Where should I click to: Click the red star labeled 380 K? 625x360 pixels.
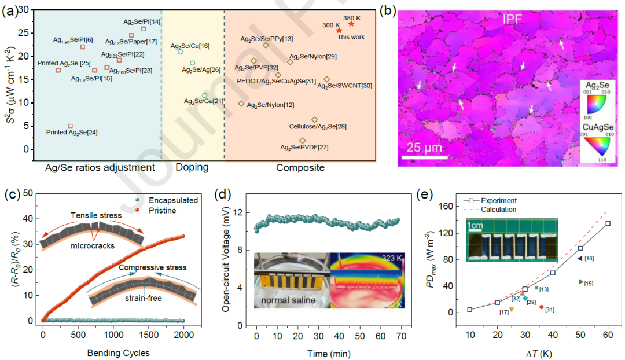tap(351, 24)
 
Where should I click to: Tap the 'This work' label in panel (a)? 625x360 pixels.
tap(351, 37)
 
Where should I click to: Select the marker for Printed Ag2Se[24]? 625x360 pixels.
tap(71, 126)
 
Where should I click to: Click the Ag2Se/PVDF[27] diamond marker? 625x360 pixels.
tap(302, 141)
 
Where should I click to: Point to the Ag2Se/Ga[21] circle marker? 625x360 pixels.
tap(204, 95)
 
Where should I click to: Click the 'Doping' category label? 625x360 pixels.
tap(192, 167)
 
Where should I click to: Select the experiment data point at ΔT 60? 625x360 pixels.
tap(608, 223)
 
